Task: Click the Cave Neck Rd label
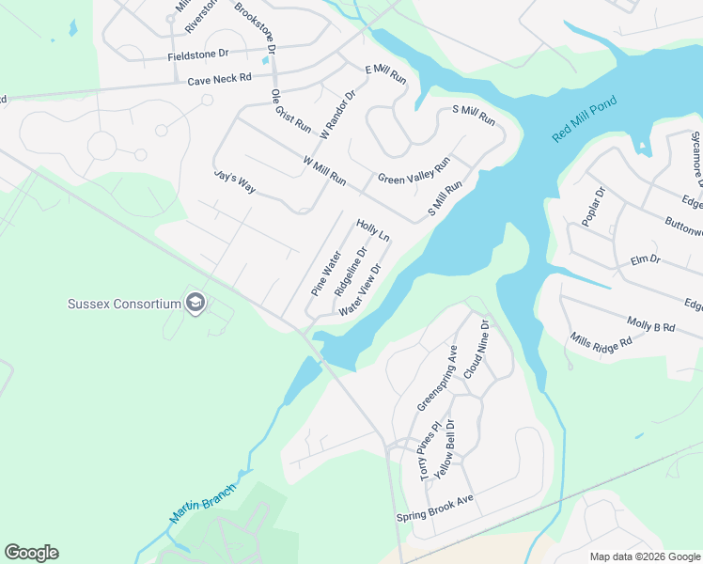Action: tap(220, 80)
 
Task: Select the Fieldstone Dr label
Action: tap(198, 55)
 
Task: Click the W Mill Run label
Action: tap(324, 170)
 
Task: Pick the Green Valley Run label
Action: tap(414, 169)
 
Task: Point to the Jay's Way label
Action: tap(235, 180)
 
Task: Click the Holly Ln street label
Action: tap(372, 231)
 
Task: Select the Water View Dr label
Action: tap(360, 290)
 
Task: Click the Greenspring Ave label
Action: tap(437, 378)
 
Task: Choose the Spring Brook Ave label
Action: tap(434, 505)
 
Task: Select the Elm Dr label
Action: tap(646, 258)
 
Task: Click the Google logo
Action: tap(31, 553)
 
